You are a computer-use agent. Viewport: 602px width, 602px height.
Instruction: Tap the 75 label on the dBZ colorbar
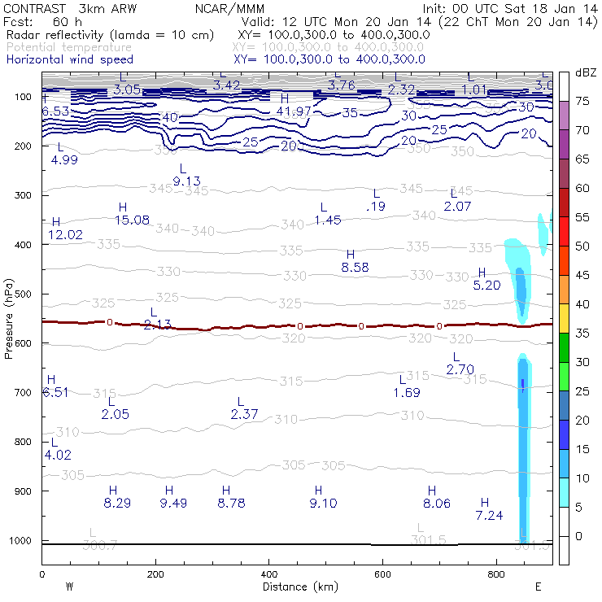pyautogui.click(x=582, y=102)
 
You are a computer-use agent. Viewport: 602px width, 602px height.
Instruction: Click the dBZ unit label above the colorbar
pyautogui.click(x=585, y=72)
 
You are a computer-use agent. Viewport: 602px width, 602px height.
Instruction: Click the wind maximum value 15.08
pyautogui.click(x=133, y=220)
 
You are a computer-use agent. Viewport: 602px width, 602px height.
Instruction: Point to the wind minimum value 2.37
pyautogui.click(x=244, y=415)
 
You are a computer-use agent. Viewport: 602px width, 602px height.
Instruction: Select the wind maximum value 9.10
pyautogui.click(x=323, y=503)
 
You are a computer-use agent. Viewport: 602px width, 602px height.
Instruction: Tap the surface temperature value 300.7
pyautogui.click(x=102, y=544)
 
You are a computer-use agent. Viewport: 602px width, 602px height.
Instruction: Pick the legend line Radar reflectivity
pyautogui.click(x=110, y=35)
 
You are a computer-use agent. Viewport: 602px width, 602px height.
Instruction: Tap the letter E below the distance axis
pyautogui.click(x=538, y=587)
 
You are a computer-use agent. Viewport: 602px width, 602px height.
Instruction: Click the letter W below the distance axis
pyautogui.click(x=70, y=587)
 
